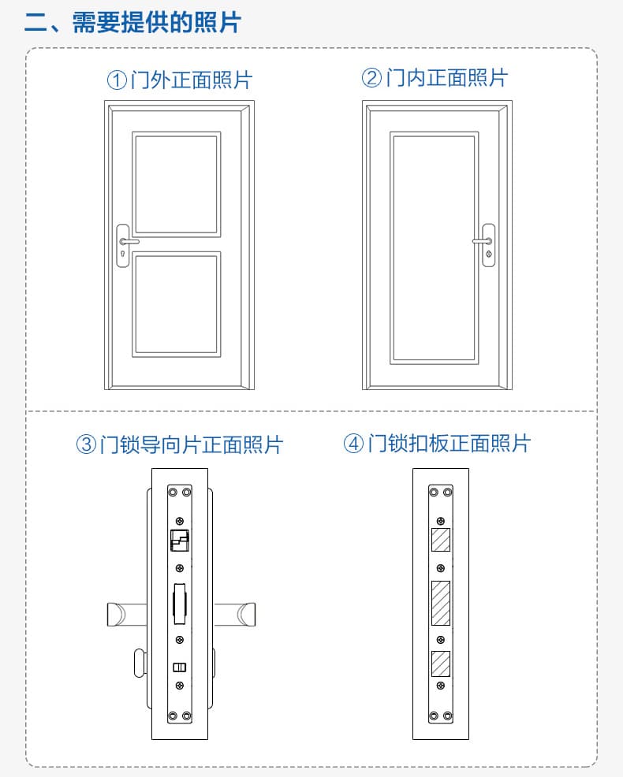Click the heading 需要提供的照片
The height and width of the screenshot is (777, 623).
point(155,22)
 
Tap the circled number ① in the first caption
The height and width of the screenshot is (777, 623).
point(117,80)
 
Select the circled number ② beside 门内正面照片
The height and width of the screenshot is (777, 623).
point(371,78)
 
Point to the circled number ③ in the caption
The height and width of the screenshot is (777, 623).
point(86,444)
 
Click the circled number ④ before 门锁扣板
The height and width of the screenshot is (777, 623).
point(353,443)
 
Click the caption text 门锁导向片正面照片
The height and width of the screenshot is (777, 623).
point(190,444)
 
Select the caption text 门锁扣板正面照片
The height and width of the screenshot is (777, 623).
point(449,443)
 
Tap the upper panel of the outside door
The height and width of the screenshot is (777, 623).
point(175,183)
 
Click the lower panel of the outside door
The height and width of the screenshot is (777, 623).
point(175,304)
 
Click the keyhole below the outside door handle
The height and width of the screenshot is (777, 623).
point(123,255)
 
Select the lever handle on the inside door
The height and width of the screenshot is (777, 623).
point(483,240)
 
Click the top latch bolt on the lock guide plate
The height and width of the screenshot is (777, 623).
point(180,541)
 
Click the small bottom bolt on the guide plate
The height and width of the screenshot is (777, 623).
point(180,667)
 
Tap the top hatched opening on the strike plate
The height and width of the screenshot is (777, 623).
point(440,541)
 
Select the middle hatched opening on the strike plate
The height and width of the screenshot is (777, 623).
point(440,602)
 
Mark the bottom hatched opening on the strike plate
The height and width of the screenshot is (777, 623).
point(440,664)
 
